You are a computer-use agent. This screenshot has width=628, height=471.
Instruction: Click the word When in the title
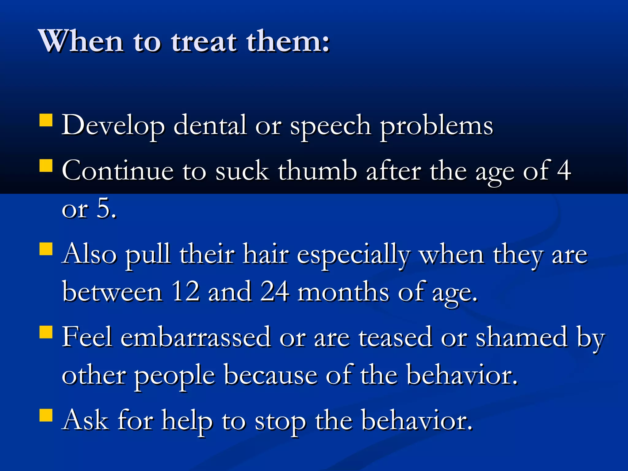click(81, 41)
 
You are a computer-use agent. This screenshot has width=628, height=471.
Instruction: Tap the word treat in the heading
click(204, 41)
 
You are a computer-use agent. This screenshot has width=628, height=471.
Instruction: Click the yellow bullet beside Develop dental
click(46, 120)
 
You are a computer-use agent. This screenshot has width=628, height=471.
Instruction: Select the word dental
click(210, 125)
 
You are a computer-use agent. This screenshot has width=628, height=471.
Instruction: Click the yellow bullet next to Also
click(46, 249)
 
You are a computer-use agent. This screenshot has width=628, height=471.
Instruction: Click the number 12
click(185, 291)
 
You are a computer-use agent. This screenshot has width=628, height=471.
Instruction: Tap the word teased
click(395, 337)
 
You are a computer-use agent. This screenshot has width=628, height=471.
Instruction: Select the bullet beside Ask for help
click(46, 415)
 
